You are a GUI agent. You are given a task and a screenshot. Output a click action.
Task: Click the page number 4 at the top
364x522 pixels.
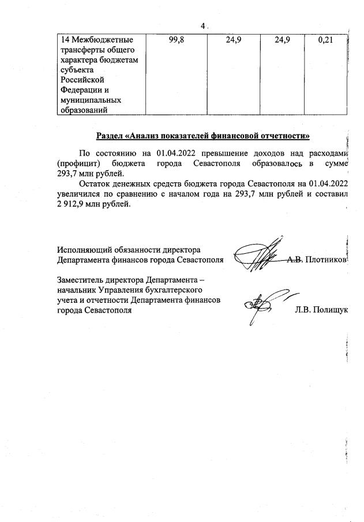coord(202,26)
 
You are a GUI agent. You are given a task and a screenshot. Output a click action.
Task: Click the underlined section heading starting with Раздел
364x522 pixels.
coord(202,136)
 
